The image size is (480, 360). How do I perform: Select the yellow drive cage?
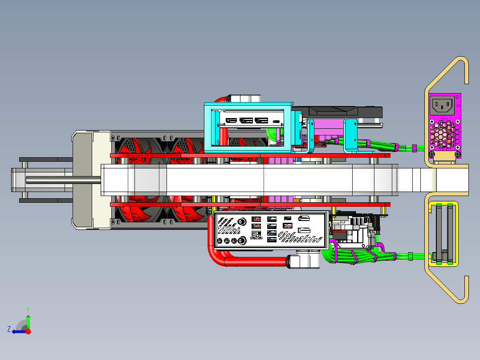point(443,233)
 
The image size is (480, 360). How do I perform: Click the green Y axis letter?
point(28,310)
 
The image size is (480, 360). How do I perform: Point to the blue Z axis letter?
point(9,329)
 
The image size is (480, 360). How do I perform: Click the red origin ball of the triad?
point(28,331)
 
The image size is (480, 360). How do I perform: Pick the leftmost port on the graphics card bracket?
point(231,120)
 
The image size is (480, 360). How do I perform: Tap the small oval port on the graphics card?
point(276,121)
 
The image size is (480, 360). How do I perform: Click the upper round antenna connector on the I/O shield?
point(242,221)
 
